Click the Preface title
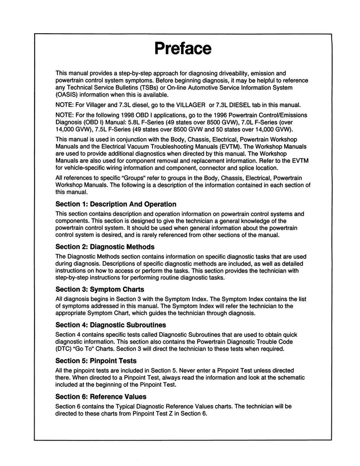coord(183,48)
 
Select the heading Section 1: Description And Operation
coord(116,204)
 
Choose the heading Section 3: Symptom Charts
coord(100,289)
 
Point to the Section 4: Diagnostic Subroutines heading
coord(110,325)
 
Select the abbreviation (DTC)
coord(65,349)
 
